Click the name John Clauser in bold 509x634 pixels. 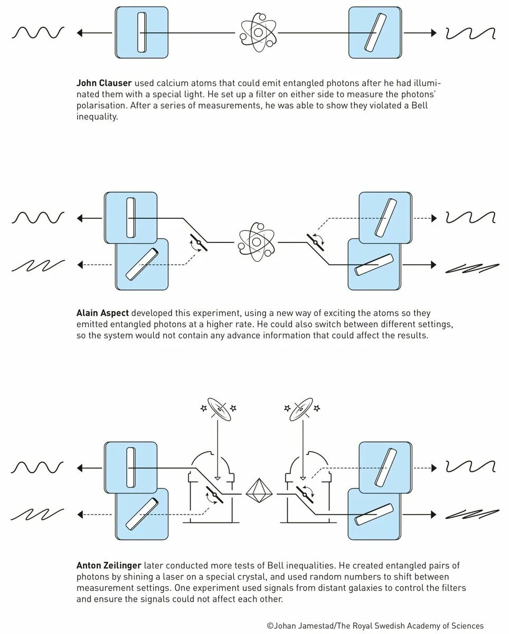click(103, 83)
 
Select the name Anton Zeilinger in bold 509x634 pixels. click(109, 566)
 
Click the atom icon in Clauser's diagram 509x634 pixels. click(258, 33)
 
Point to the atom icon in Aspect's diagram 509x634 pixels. click(257, 243)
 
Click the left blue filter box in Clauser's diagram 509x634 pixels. click(141, 32)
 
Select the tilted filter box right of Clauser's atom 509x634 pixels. click(375, 32)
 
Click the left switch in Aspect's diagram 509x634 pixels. click(198, 242)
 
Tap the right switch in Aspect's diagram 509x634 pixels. click(317, 241)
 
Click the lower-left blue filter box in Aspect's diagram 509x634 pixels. click(142, 264)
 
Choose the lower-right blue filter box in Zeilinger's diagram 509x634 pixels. click(374, 514)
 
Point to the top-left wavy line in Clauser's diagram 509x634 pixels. click(38, 33)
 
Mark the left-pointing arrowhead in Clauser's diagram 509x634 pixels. click(80, 33)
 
